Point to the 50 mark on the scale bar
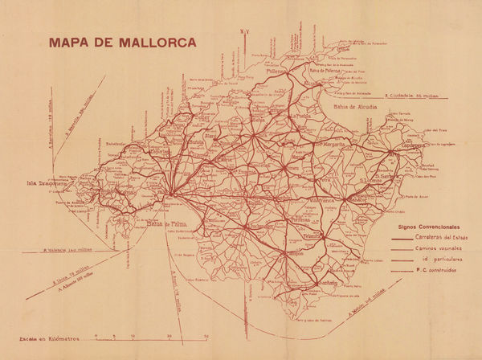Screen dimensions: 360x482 click(x=206, y=335)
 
